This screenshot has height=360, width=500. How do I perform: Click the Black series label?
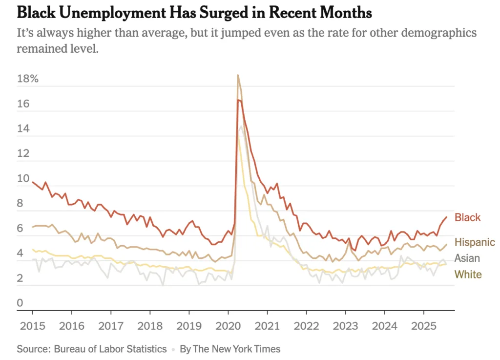click(x=467, y=218)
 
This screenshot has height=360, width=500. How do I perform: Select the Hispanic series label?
click(x=475, y=242)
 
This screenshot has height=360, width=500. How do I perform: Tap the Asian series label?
click(x=467, y=258)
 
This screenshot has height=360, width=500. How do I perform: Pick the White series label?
click(x=468, y=275)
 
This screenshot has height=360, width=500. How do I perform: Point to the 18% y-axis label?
click(x=27, y=79)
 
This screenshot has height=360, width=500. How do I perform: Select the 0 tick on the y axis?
click(x=20, y=303)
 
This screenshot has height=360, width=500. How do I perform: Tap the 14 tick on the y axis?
click(x=22, y=129)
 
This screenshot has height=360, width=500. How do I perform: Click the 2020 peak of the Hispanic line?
click(x=238, y=75)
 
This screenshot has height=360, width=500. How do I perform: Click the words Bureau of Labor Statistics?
click(x=111, y=349)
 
